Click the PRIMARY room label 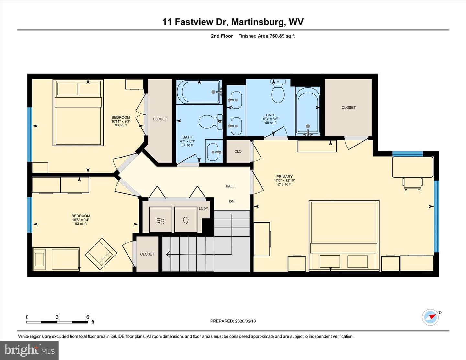284,177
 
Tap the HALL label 230,186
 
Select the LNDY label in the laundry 203,209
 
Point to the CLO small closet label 238,151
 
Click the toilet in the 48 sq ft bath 278,91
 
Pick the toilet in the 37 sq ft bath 210,122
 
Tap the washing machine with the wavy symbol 161,219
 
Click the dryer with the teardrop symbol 186,219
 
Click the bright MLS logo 29,351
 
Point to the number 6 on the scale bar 87,317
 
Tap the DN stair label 232,202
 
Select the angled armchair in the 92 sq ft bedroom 101,254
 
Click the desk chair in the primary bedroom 412,184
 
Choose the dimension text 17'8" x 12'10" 284,180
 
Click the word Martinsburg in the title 259,22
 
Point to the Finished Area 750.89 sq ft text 266,36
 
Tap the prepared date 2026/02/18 245,321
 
